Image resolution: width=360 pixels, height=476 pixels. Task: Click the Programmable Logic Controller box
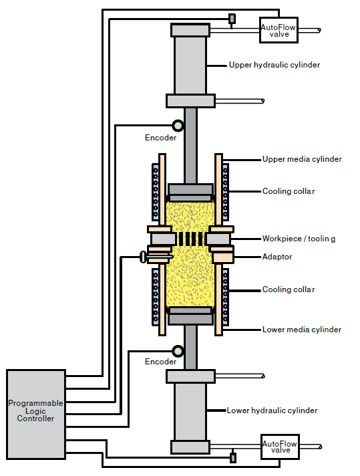point(36,414)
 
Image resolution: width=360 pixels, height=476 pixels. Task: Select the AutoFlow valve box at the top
point(279,30)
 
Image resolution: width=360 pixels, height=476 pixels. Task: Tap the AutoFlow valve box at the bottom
point(280,447)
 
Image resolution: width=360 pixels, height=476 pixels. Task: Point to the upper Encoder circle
point(178,126)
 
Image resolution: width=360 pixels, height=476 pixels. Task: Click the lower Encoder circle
point(178,351)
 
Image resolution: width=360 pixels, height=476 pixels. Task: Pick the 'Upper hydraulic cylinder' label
point(274,65)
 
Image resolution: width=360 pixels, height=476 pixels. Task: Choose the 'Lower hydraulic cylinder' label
point(272,410)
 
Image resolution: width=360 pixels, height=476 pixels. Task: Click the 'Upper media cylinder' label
point(302,159)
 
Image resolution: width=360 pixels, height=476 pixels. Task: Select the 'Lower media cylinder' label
point(302,330)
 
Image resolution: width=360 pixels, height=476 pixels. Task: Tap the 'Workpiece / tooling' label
point(299,239)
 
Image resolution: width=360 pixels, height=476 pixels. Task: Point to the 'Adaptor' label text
point(277,257)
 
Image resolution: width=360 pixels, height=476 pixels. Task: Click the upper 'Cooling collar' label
point(289,191)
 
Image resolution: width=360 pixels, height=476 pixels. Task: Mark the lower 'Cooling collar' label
point(289,289)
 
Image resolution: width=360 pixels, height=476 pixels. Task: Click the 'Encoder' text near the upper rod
point(160,138)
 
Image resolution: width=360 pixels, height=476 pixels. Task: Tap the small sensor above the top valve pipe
point(232,19)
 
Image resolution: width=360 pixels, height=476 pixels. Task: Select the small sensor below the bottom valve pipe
point(233,457)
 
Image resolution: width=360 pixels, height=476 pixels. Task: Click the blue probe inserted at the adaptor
point(155,257)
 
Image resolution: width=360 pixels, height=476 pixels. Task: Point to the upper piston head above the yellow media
point(190,193)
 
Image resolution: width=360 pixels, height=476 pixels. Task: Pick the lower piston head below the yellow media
point(190,316)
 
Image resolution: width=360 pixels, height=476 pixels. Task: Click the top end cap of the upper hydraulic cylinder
point(190,30)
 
